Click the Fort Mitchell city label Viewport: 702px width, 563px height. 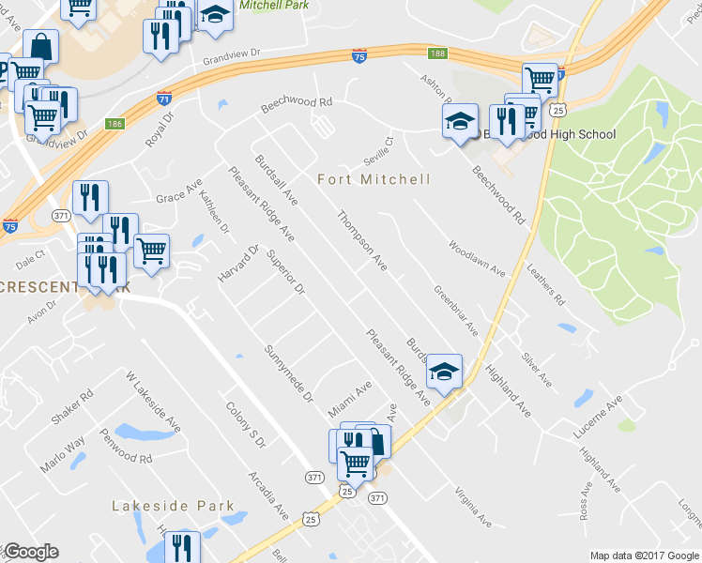[x=374, y=179]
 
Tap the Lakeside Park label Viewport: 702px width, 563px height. [x=173, y=506]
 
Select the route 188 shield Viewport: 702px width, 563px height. [x=438, y=53]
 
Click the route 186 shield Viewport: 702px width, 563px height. [x=114, y=123]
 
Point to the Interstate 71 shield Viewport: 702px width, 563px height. [x=163, y=98]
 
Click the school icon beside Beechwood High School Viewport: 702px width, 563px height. [x=459, y=121]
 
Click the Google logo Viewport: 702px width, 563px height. [x=31, y=552]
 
